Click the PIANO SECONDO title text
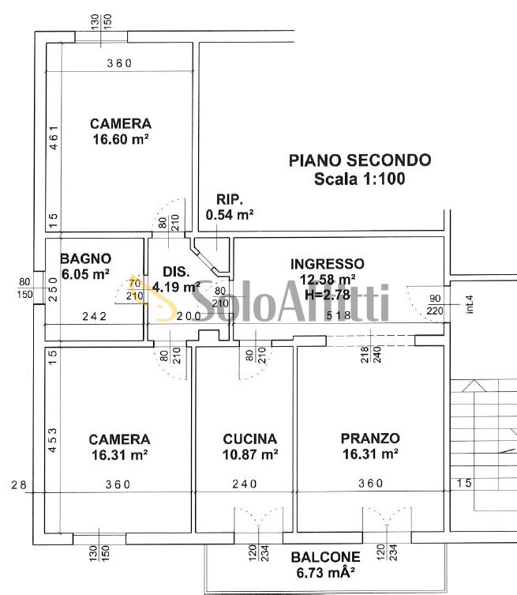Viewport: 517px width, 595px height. point(360,160)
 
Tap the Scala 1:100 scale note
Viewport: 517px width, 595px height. point(360,179)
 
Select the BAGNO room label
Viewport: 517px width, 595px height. point(86,258)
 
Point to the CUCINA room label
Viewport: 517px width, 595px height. point(249,439)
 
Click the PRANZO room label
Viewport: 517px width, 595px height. point(370,439)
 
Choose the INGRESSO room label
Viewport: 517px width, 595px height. point(327,264)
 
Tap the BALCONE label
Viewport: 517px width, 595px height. point(325,556)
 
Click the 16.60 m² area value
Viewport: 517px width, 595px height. point(121,139)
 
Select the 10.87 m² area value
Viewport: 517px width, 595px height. point(250,454)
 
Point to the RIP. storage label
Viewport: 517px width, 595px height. point(230,199)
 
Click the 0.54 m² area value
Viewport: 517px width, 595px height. point(230,215)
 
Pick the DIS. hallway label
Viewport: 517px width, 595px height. point(176,271)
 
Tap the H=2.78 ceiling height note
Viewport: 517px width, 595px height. point(328,295)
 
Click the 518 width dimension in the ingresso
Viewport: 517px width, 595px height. point(339,315)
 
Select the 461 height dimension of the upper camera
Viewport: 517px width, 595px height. point(54,137)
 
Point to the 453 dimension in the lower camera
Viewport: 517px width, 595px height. point(53,440)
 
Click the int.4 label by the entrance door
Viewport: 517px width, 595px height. point(470,304)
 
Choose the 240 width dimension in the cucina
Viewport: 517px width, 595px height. point(245,484)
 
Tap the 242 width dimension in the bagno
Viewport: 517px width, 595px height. point(95,316)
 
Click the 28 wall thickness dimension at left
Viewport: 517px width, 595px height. point(19,484)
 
